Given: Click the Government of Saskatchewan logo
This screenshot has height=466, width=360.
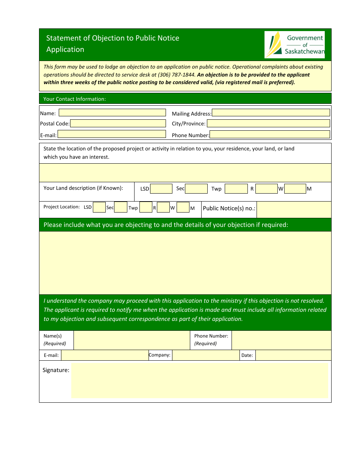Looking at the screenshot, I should (294, 45).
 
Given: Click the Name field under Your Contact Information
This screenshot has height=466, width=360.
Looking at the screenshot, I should (112, 113).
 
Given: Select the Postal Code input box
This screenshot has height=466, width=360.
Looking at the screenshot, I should (118, 124).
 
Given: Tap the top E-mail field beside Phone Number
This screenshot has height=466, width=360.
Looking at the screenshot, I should (111, 134).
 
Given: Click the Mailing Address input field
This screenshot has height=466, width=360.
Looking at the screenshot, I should (271, 113).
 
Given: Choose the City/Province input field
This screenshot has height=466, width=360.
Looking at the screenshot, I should (268, 124).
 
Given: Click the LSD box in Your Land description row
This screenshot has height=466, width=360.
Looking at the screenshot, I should (161, 189).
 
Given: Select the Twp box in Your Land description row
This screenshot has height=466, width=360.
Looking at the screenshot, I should (236, 189).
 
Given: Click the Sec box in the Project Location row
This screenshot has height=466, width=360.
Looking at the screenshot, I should (121, 207).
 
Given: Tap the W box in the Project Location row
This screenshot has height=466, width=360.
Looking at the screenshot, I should (183, 207).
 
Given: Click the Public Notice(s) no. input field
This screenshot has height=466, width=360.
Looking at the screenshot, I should (294, 209).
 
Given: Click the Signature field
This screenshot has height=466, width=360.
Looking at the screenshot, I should (199, 380).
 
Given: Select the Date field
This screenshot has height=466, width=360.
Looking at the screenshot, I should (293, 355).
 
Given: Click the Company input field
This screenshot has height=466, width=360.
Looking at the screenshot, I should (205, 355).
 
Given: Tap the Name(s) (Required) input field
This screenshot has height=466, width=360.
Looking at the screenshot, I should (131, 340).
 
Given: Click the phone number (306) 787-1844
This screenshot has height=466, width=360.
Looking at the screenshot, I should (174, 75).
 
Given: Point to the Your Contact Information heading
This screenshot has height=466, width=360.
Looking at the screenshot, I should (74, 99).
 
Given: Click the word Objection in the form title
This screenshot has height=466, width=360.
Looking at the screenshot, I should (108, 38).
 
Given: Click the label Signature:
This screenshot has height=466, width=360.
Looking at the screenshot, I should (56, 370).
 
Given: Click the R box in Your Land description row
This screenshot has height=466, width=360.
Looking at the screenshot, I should (266, 189).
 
